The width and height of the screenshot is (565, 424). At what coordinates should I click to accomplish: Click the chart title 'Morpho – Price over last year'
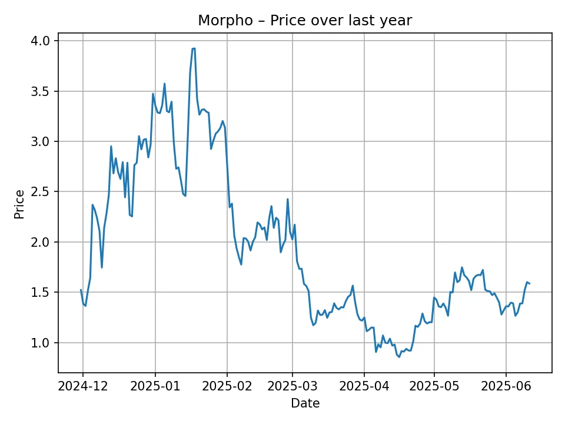click(305, 21)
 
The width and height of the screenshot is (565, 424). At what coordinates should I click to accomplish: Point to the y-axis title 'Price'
click(20, 204)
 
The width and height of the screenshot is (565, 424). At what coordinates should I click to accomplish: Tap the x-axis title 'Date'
click(305, 403)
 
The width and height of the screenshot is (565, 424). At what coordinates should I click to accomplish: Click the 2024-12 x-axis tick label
click(82, 386)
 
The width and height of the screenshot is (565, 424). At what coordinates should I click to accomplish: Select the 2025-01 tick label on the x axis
click(155, 386)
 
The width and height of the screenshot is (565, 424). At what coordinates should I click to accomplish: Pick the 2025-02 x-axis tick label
click(227, 386)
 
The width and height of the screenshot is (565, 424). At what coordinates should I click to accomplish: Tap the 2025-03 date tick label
click(293, 386)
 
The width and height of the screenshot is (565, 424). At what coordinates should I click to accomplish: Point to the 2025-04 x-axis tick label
click(364, 386)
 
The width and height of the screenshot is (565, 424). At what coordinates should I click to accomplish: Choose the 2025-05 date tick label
click(434, 386)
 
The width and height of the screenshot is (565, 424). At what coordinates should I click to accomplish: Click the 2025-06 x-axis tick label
click(506, 386)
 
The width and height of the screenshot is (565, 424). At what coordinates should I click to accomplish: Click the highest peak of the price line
click(194, 48)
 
